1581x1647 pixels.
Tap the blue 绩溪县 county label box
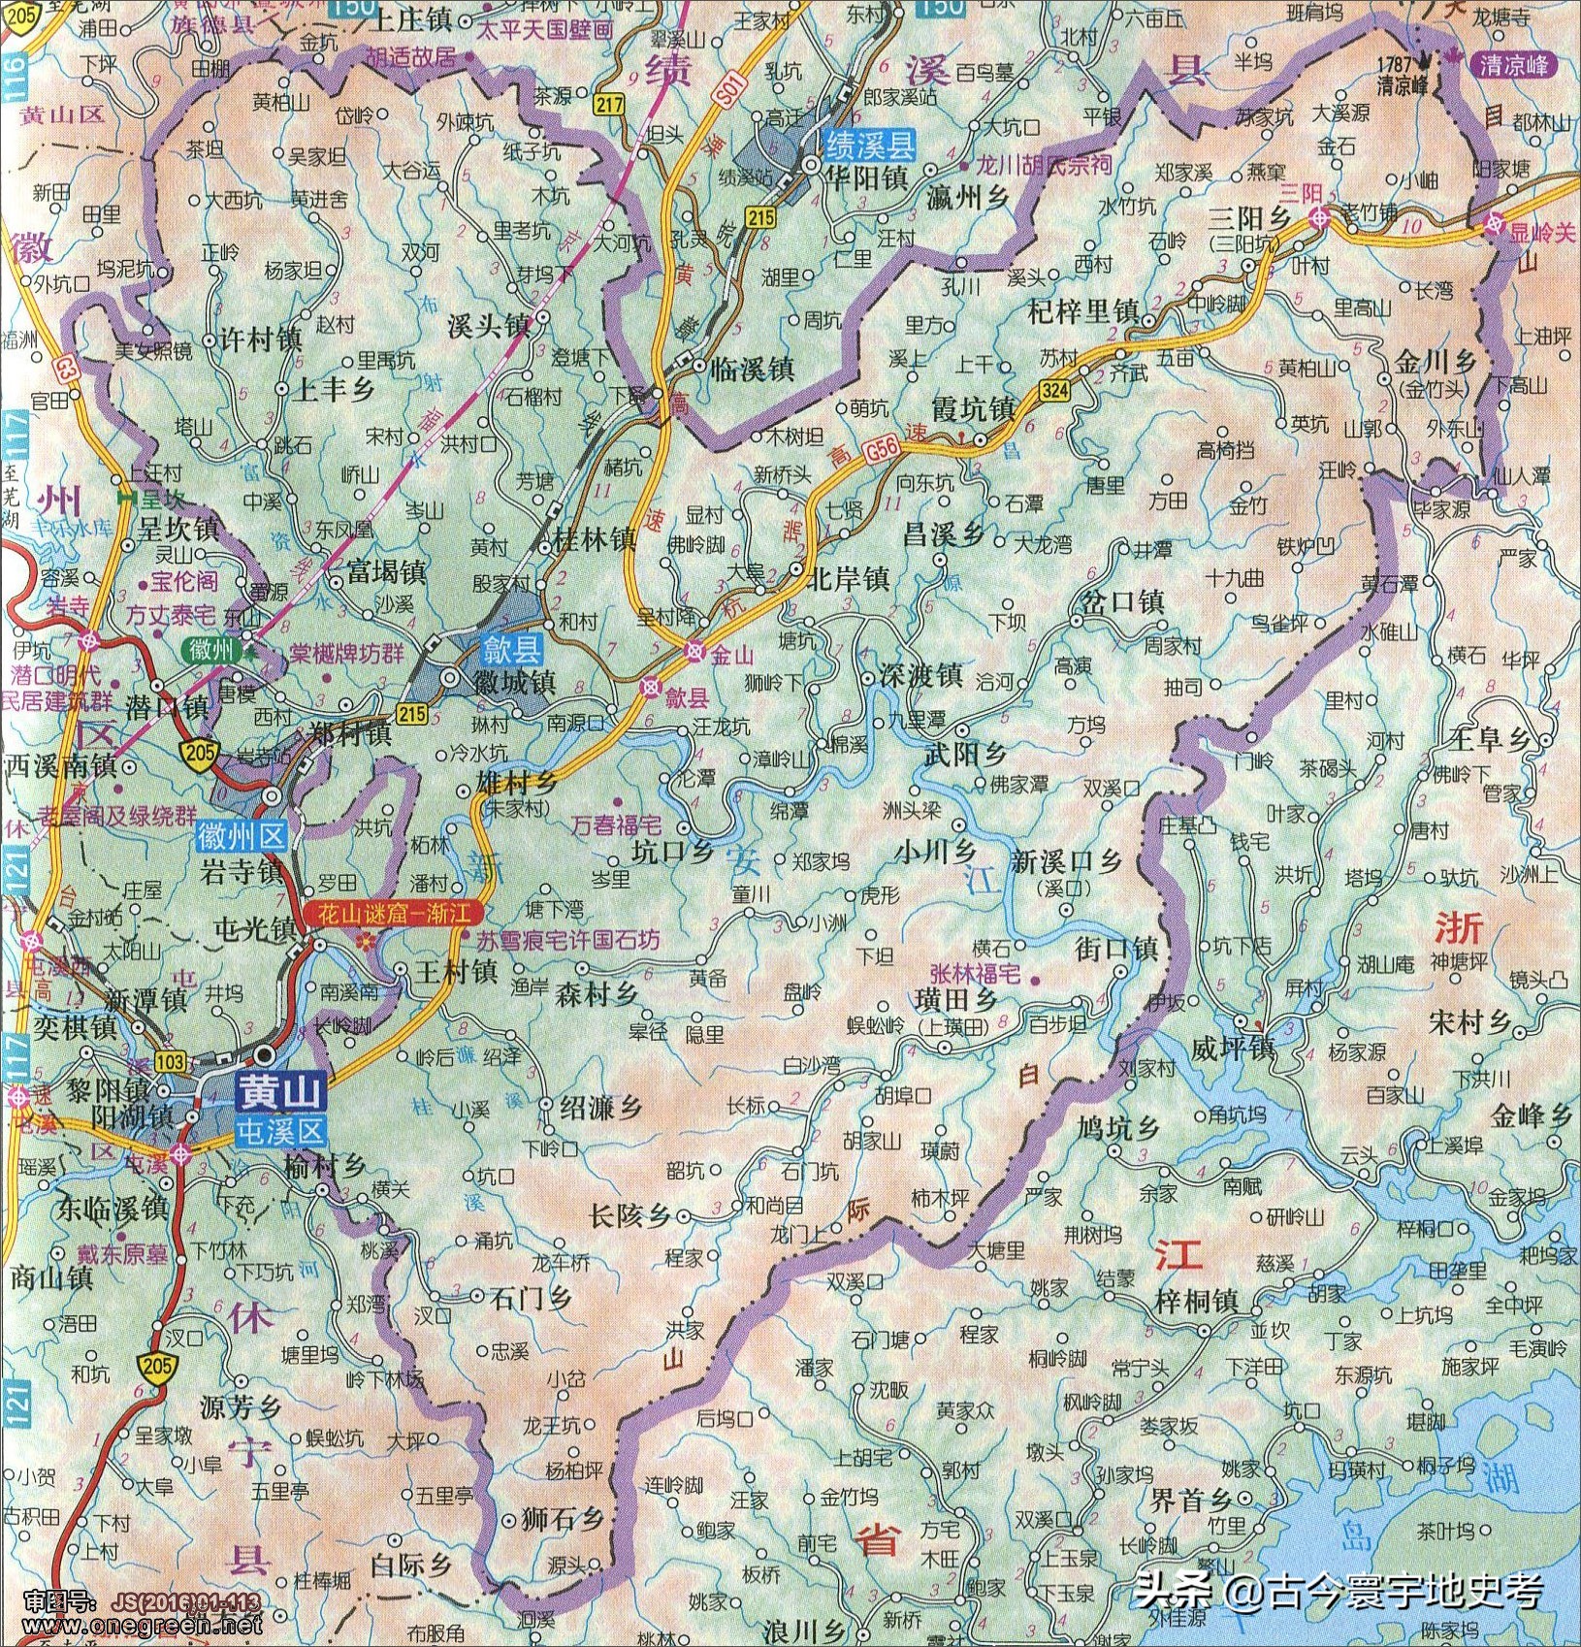click(869, 145)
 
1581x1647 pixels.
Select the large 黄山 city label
click(281, 1094)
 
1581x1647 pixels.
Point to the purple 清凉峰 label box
click(1513, 66)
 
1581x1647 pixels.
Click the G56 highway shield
click(882, 448)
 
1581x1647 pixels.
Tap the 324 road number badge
click(1053, 391)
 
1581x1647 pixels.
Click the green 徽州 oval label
click(211, 649)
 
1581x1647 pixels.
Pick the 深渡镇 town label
click(920, 675)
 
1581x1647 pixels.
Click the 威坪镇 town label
click(1232, 1049)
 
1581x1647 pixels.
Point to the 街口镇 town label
click(1116, 948)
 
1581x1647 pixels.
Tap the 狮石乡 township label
click(563, 1519)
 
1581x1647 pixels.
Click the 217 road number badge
click(609, 105)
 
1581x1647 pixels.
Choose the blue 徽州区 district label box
click(242, 835)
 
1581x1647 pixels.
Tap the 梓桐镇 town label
click(1197, 1301)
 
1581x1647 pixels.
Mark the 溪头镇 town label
click(488, 326)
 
